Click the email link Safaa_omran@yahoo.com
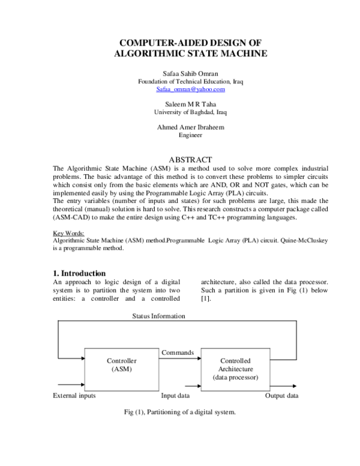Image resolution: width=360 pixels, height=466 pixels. click(x=190, y=89)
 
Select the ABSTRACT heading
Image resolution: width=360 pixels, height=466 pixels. click(x=190, y=160)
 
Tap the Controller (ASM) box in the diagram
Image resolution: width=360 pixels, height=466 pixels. click(x=122, y=365)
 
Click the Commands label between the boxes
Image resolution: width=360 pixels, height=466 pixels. click(x=178, y=353)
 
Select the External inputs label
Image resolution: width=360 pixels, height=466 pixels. click(x=74, y=396)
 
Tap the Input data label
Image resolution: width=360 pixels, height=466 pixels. click(x=176, y=396)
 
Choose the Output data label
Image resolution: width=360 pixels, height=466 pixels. click(x=281, y=396)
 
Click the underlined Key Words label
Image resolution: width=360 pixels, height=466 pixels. click(x=69, y=232)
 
